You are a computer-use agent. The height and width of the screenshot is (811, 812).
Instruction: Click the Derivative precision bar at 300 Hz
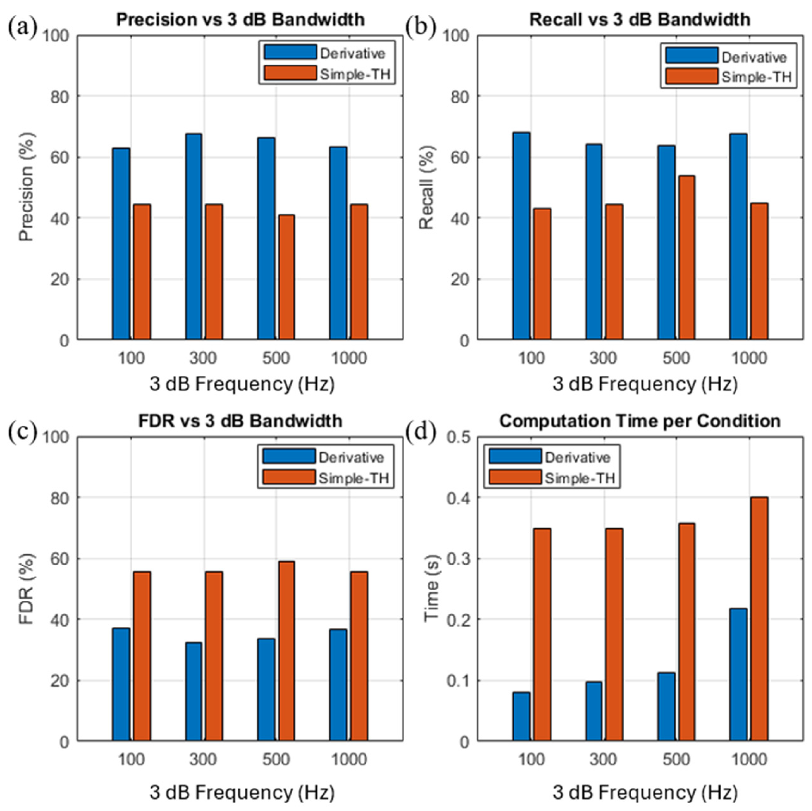(193, 236)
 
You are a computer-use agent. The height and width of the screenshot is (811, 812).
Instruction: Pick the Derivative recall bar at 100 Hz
(521, 235)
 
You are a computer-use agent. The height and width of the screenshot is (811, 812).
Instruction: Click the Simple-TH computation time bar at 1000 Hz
(760, 619)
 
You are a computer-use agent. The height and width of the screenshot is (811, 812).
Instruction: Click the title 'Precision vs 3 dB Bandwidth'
(240, 20)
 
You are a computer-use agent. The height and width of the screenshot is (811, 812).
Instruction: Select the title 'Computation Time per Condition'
(640, 421)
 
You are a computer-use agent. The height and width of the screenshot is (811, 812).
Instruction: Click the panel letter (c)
(22, 432)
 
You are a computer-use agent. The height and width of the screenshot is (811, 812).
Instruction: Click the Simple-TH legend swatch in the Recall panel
(692, 77)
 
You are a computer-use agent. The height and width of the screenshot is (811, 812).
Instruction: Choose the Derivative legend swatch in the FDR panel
(289, 456)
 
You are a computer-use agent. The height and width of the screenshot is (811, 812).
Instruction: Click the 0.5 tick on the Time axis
(458, 438)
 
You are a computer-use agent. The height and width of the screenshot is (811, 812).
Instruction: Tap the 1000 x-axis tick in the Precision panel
(349, 359)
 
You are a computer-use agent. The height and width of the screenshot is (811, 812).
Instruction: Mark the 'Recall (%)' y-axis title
(427, 188)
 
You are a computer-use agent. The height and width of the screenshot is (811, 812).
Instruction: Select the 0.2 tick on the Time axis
(458, 620)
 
